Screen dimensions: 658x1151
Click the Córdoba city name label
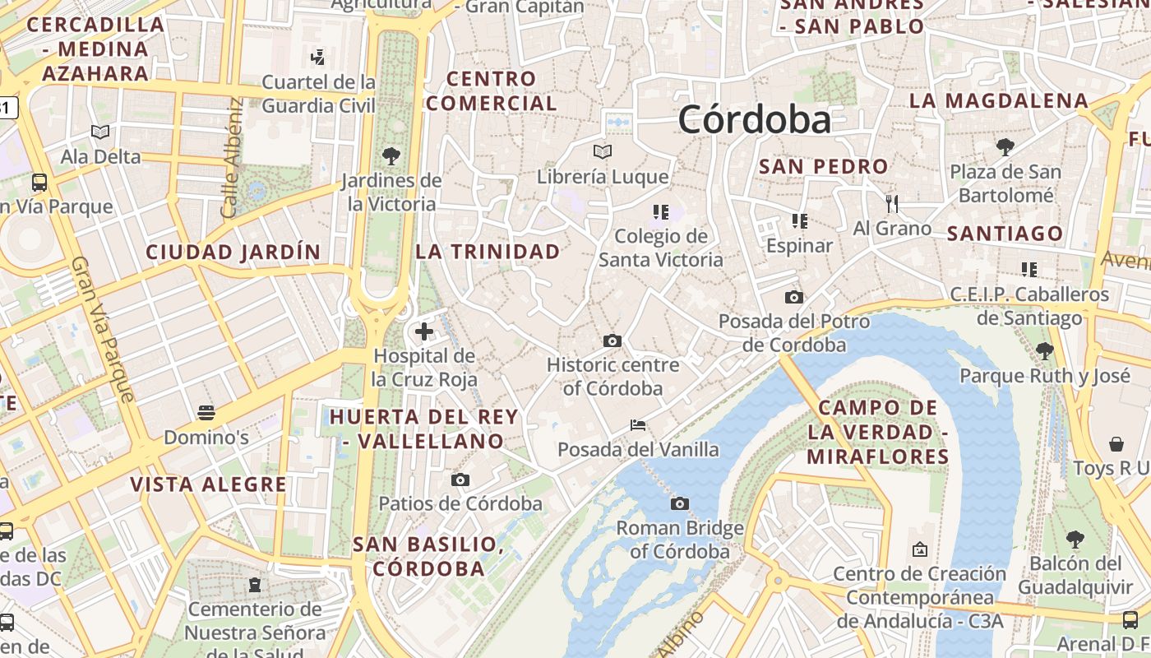pos(754,121)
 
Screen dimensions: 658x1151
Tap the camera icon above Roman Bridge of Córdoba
pos(679,503)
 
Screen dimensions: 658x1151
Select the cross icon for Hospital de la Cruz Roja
pos(423,331)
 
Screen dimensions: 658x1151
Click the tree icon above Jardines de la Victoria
pos(391,155)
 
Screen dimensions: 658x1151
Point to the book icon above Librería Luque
pos(603,152)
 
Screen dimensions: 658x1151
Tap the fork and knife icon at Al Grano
pos(892,203)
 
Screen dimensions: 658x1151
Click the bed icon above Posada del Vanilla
pos(637,425)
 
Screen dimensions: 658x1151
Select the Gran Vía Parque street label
pos(103,329)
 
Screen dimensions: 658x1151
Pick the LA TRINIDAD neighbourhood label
pos(488,252)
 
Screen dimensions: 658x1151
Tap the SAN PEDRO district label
pos(823,166)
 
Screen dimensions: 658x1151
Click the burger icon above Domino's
pos(206,412)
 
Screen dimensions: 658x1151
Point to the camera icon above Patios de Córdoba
pos(460,480)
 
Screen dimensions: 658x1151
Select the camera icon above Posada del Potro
pos(793,297)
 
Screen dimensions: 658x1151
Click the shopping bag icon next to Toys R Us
pos(1116,444)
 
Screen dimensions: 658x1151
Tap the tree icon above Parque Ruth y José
pos(1044,351)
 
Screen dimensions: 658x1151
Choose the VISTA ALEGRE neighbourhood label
pos(209,484)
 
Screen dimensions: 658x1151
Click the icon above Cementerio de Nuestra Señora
pos(254,585)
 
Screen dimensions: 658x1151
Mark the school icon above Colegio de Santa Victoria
pos(660,212)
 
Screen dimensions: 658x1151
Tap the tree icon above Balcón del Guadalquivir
pos(1074,540)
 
